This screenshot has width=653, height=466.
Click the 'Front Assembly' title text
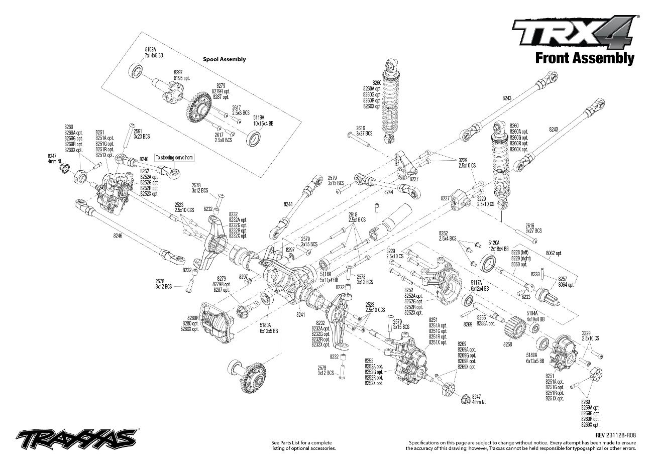[x=584, y=58]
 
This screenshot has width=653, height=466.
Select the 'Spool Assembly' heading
[x=224, y=59]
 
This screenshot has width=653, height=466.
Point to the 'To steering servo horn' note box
[x=174, y=157]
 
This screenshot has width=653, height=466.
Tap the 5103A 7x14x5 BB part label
[x=151, y=53]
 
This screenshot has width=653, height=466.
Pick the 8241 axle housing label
[x=301, y=314]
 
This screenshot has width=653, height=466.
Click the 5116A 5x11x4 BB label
[x=329, y=277]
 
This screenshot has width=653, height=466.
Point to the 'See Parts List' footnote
[x=302, y=445]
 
